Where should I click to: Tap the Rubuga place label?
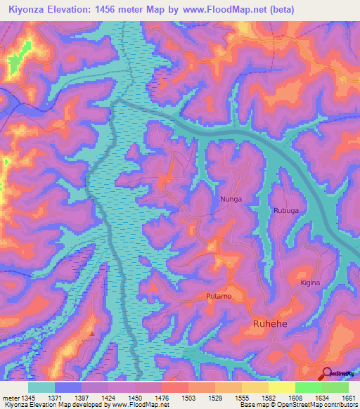(286, 210)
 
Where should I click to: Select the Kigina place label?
(310, 283)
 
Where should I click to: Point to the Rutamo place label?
(219, 296)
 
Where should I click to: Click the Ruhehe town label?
(269, 323)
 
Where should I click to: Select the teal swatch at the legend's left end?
(41, 387)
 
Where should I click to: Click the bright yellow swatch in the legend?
(281, 387)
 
